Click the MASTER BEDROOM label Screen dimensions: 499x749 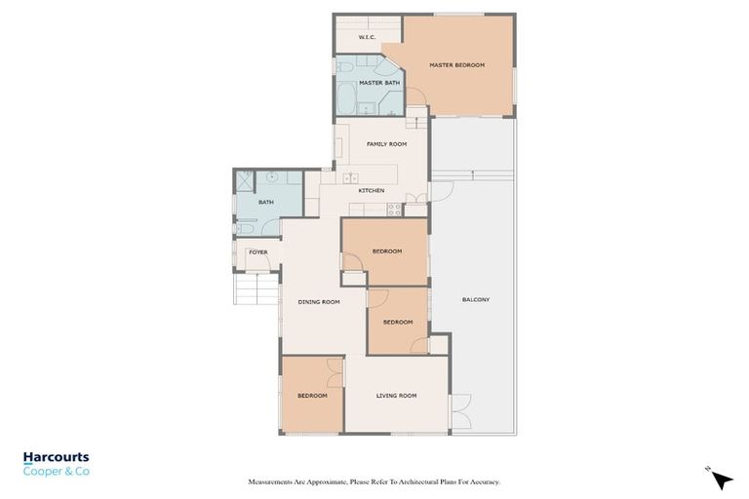[456, 65]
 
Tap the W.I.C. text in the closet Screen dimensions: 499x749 [367, 37]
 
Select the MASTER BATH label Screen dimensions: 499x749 [378, 83]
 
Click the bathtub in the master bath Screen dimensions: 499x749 [346, 99]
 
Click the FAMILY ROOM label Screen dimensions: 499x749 [386, 144]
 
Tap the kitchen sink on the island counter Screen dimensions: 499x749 [350, 178]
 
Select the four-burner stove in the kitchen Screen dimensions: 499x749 [395, 208]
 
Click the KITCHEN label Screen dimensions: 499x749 [372, 190]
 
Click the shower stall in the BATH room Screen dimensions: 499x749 [244, 180]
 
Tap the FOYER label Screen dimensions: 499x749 [257, 252]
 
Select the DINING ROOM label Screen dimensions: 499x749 [319, 302]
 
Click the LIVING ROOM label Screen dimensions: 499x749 [397, 396]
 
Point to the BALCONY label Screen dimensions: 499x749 [476, 299]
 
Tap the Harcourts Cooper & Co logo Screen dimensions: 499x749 [57, 463]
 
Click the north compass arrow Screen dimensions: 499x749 [721, 479]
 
